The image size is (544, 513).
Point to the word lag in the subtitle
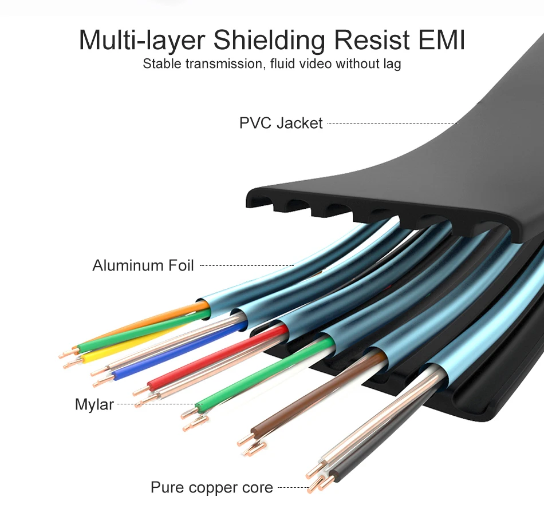point(391,64)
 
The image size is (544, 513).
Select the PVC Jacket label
point(281,123)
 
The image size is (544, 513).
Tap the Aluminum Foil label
point(143,265)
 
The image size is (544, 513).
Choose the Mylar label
point(94,405)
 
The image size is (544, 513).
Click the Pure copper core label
point(211,488)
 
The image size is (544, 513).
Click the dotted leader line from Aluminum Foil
point(246,266)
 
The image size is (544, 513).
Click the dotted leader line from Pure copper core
point(293,488)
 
